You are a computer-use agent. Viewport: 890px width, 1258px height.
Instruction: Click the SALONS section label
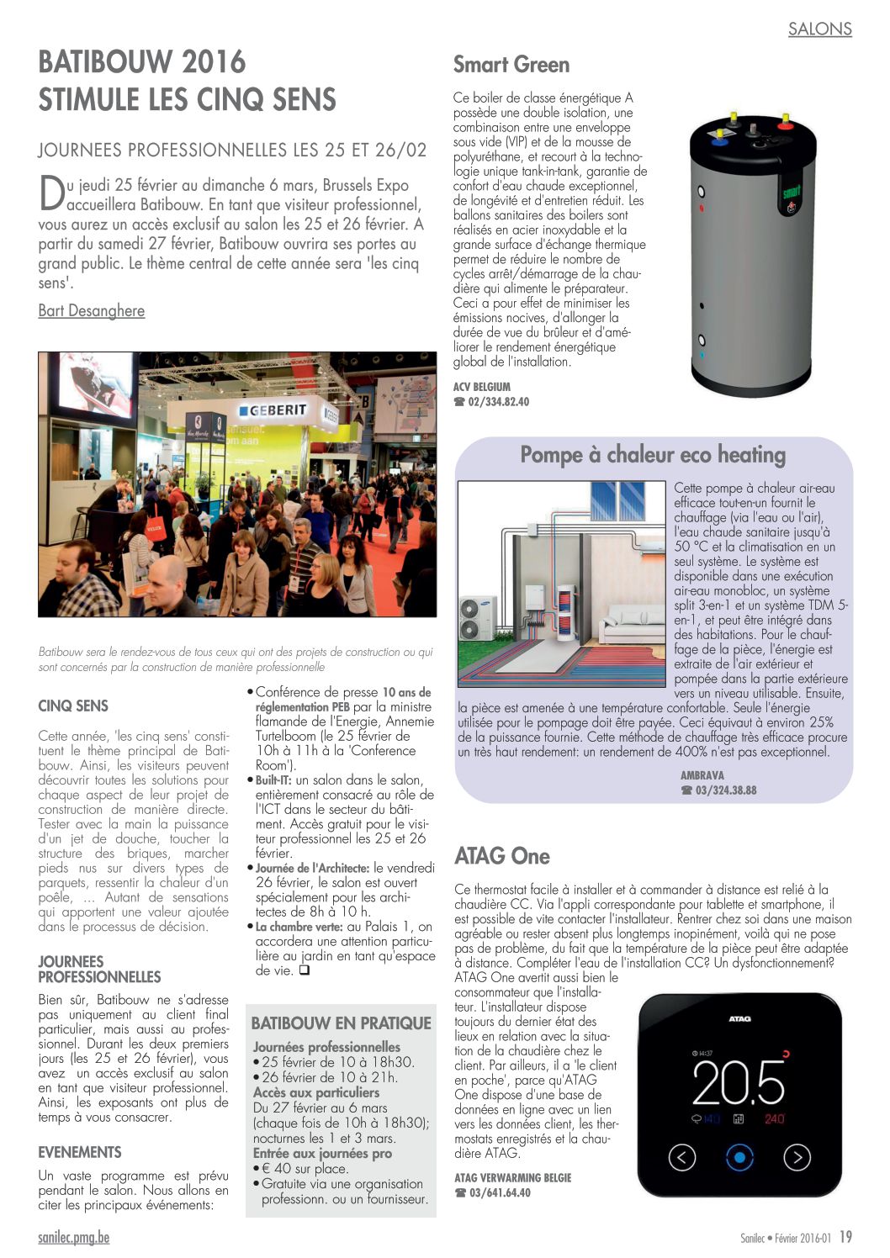819,29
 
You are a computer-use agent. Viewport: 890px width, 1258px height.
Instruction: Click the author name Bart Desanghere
91,310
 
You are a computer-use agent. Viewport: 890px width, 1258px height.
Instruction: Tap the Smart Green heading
511,65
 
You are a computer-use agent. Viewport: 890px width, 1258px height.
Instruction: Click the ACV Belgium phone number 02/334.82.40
498,402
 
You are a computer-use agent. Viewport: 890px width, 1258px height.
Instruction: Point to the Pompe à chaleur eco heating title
653,455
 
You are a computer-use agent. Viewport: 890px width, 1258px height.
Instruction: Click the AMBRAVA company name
702,775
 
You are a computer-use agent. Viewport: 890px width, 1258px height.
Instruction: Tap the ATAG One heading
501,856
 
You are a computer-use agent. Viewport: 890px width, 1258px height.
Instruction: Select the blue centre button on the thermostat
739,1157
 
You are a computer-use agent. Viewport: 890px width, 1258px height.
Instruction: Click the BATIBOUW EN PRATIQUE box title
341,1023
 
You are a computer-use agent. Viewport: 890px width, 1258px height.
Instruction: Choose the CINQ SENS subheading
73,706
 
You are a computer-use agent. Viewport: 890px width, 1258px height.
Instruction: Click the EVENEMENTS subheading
79,1152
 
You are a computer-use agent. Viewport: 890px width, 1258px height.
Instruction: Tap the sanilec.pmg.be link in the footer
73,1237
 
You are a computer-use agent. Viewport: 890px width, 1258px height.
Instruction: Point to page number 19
845,1237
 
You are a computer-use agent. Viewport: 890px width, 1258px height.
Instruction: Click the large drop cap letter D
50,193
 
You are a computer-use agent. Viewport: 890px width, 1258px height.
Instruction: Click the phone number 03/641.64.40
500,1192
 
